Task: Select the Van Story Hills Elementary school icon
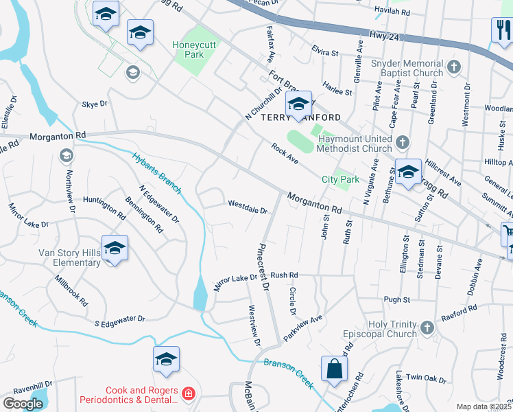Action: [x=115, y=249]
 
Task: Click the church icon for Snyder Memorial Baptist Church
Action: [x=453, y=67]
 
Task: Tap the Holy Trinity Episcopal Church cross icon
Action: [x=427, y=328]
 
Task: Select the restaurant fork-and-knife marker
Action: [x=501, y=30]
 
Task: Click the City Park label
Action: [x=340, y=180]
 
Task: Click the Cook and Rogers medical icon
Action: [x=188, y=394]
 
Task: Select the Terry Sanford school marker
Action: [x=298, y=105]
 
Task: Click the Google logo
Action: [x=23, y=403]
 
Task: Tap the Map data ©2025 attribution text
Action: [x=484, y=407]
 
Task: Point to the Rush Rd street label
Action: [x=284, y=275]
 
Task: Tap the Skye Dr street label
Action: [x=95, y=104]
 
